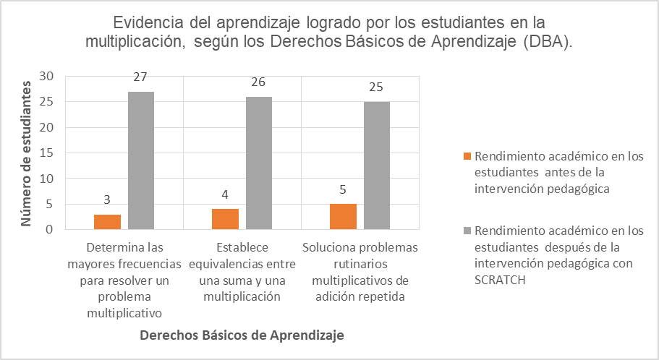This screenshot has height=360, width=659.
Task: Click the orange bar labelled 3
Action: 107,222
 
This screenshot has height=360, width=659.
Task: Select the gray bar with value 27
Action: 141,160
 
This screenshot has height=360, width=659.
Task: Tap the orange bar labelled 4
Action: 225,219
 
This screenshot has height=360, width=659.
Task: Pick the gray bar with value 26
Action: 259,163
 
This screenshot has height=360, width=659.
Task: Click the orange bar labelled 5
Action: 343,217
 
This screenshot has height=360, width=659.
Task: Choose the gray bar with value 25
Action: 377,166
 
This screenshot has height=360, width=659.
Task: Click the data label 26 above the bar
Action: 259,82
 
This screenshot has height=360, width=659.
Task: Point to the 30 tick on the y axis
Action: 47,77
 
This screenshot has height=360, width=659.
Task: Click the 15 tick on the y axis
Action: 47,153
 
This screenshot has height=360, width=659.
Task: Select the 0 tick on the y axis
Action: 50,230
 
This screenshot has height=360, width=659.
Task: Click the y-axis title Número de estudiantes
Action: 25,153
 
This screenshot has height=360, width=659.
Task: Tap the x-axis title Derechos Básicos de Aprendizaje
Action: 241,335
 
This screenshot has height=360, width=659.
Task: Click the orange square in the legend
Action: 467,157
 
